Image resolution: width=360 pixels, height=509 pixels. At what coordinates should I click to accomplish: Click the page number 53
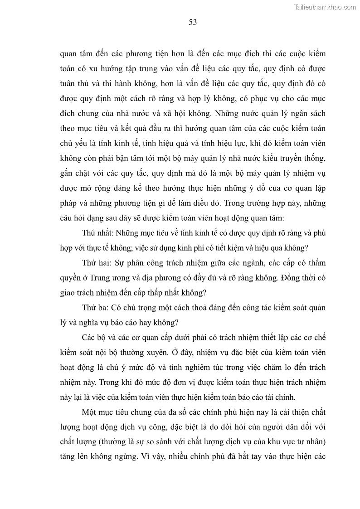click(x=192, y=22)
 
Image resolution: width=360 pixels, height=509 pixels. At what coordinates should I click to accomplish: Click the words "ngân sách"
click(x=305, y=113)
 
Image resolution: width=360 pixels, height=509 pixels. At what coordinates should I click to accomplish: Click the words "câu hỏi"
click(x=73, y=218)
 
